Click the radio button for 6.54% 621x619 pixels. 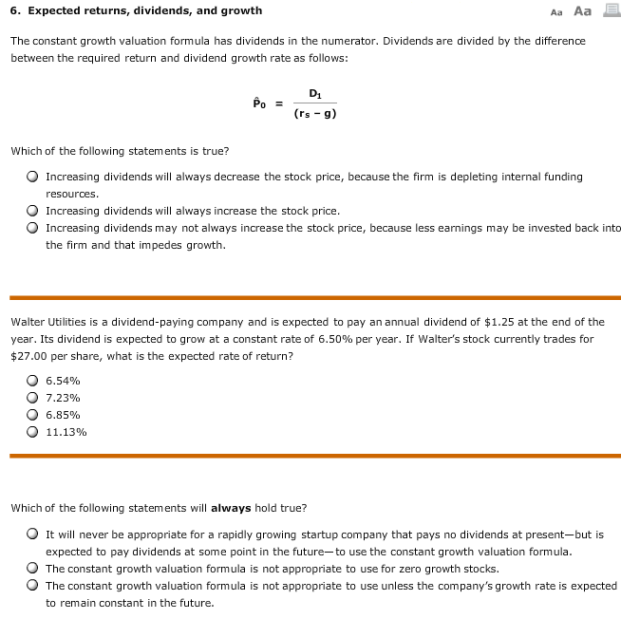(33, 380)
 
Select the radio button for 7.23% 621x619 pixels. (33, 397)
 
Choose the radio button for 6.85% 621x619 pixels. (33, 414)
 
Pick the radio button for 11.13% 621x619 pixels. (33, 431)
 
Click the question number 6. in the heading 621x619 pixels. (16, 10)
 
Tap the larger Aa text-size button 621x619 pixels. (582, 10)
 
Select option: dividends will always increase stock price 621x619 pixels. (33, 211)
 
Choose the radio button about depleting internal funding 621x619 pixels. (33, 177)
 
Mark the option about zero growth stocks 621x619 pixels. (33, 569)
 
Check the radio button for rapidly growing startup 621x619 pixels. (33, 535)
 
